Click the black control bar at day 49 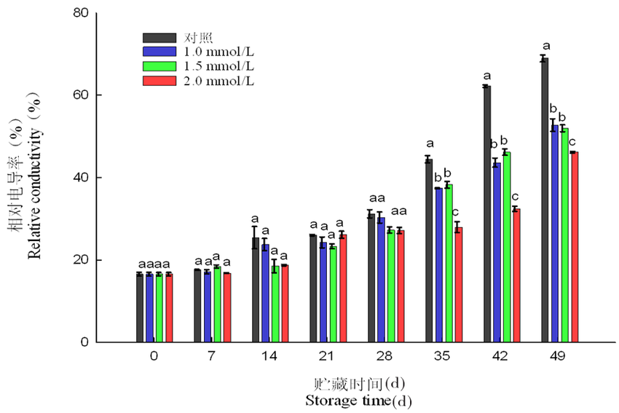tap(544, 200)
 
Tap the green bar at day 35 tap(448, 264)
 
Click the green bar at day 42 tap(506, 247)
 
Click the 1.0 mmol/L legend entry tap(218, 52)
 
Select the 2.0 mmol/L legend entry tap(218, 80)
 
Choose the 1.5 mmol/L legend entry tap(218, 66)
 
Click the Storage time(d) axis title tap(352, 401)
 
